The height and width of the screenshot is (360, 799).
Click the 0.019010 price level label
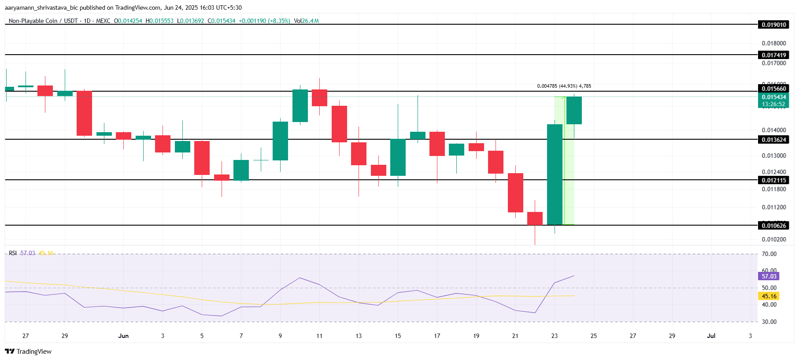774,25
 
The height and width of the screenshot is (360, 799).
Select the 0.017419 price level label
774,55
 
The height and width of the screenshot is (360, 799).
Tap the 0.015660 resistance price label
774,89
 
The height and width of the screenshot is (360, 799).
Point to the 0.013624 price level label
774,140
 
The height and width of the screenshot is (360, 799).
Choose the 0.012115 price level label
774,180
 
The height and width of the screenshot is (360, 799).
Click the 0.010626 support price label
774,226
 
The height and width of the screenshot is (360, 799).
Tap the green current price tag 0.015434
774,97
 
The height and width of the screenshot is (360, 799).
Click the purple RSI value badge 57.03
769,276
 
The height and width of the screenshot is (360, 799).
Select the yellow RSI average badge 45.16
769,296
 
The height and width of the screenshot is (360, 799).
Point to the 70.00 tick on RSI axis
769,254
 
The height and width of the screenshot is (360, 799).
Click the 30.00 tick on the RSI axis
769,322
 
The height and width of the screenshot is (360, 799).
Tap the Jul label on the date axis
711,336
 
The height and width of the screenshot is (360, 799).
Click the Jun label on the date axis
123,336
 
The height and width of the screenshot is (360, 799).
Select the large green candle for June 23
555,174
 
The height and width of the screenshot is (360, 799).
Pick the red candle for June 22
535,219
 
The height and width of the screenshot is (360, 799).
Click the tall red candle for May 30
84,113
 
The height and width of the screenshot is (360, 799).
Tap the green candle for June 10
300,106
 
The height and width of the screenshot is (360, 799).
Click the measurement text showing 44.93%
564,86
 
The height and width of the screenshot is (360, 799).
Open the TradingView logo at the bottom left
28,351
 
